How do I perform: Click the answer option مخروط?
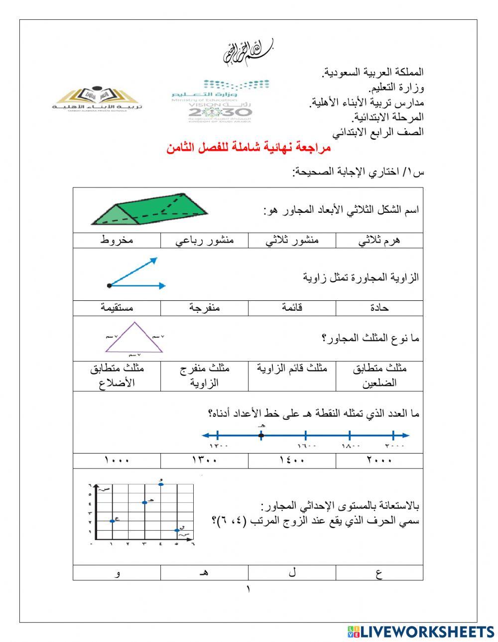(x=117, y=240)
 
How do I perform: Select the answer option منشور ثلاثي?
(x=292, y=240)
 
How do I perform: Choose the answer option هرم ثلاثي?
(x=379, y=240)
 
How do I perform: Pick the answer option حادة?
(x=379, y=308)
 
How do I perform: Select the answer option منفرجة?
(x=204, y=308)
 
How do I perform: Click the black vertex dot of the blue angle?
(x=109, y=285)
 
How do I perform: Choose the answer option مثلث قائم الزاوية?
(x=292, y=369)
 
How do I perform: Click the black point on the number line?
(x=261, y=436)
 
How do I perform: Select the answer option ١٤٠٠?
(x=292, y=460)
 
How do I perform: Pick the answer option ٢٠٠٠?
(x=379, y=460)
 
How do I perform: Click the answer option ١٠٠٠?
(x=117, y=460)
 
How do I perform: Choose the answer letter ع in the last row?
(x=379, y=573)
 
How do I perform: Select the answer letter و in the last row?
(x=118, y=573)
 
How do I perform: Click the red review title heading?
(x=249, y=148)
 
